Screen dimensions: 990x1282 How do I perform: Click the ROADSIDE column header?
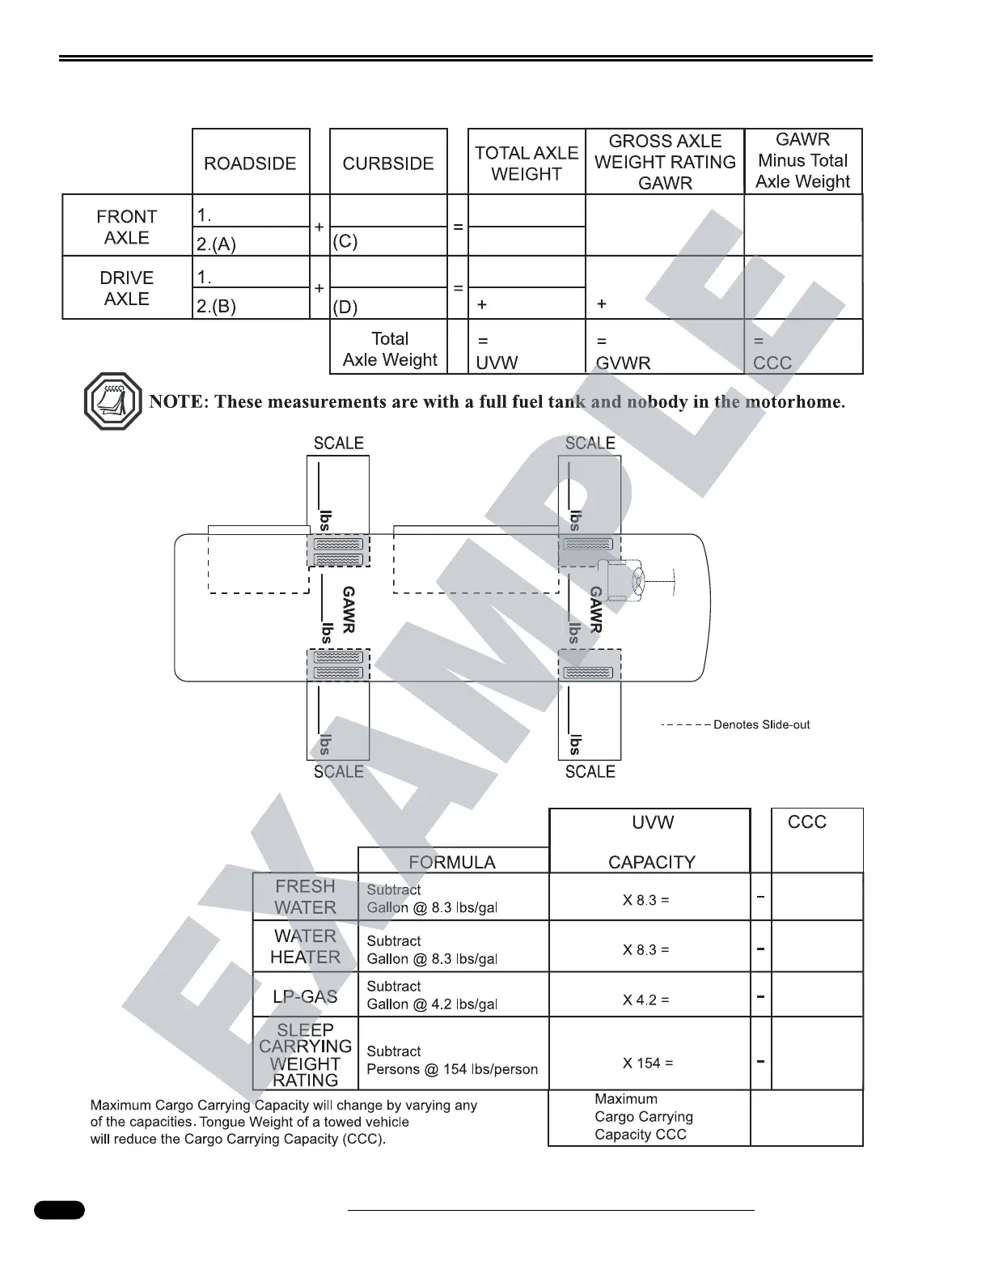point(250,163)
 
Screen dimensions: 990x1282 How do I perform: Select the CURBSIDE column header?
point(388,163)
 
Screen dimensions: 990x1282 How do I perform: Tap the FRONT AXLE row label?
point(126,227)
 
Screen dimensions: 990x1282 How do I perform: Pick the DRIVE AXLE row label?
point(126,288)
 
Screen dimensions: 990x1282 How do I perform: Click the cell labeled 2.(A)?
point(217,243)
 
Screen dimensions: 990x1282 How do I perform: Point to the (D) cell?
point(345,307)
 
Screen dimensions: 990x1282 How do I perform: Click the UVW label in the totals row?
point(497,363)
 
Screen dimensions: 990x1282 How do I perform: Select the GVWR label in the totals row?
point(623,363)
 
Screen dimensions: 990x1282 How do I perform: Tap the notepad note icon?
point(112,401)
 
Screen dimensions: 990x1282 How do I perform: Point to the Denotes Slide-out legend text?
point(761,724)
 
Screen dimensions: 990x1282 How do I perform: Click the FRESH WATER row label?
point(305,897)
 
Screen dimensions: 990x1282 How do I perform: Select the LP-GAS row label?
point(305,996)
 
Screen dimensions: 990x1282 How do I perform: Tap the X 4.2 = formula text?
point(645,1000)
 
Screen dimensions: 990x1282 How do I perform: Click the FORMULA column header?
point(452,862)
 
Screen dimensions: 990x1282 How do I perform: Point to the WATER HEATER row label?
point(305,946)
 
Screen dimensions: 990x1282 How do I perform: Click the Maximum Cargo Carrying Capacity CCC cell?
point(644,1117)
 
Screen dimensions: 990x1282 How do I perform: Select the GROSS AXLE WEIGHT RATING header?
point(665,162)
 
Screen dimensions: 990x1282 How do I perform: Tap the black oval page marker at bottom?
point(59,1210)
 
